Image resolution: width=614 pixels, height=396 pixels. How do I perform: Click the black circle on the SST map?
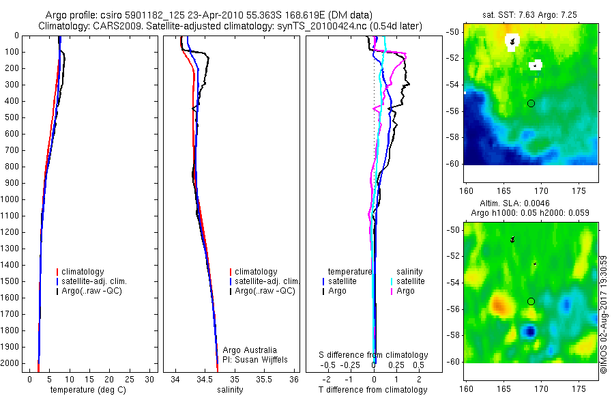click(x=531, y=103)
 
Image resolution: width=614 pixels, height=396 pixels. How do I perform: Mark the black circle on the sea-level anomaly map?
click(x=531, y=301)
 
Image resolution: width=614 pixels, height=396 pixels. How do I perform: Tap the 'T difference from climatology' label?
click(x=372, y=390)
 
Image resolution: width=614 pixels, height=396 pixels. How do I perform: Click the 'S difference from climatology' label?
click(x=373, y=355)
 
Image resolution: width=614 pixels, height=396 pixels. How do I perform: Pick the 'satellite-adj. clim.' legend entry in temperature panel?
click(x=94, y=281)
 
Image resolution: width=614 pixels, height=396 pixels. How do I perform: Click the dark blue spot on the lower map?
click(x=529, y=332)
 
